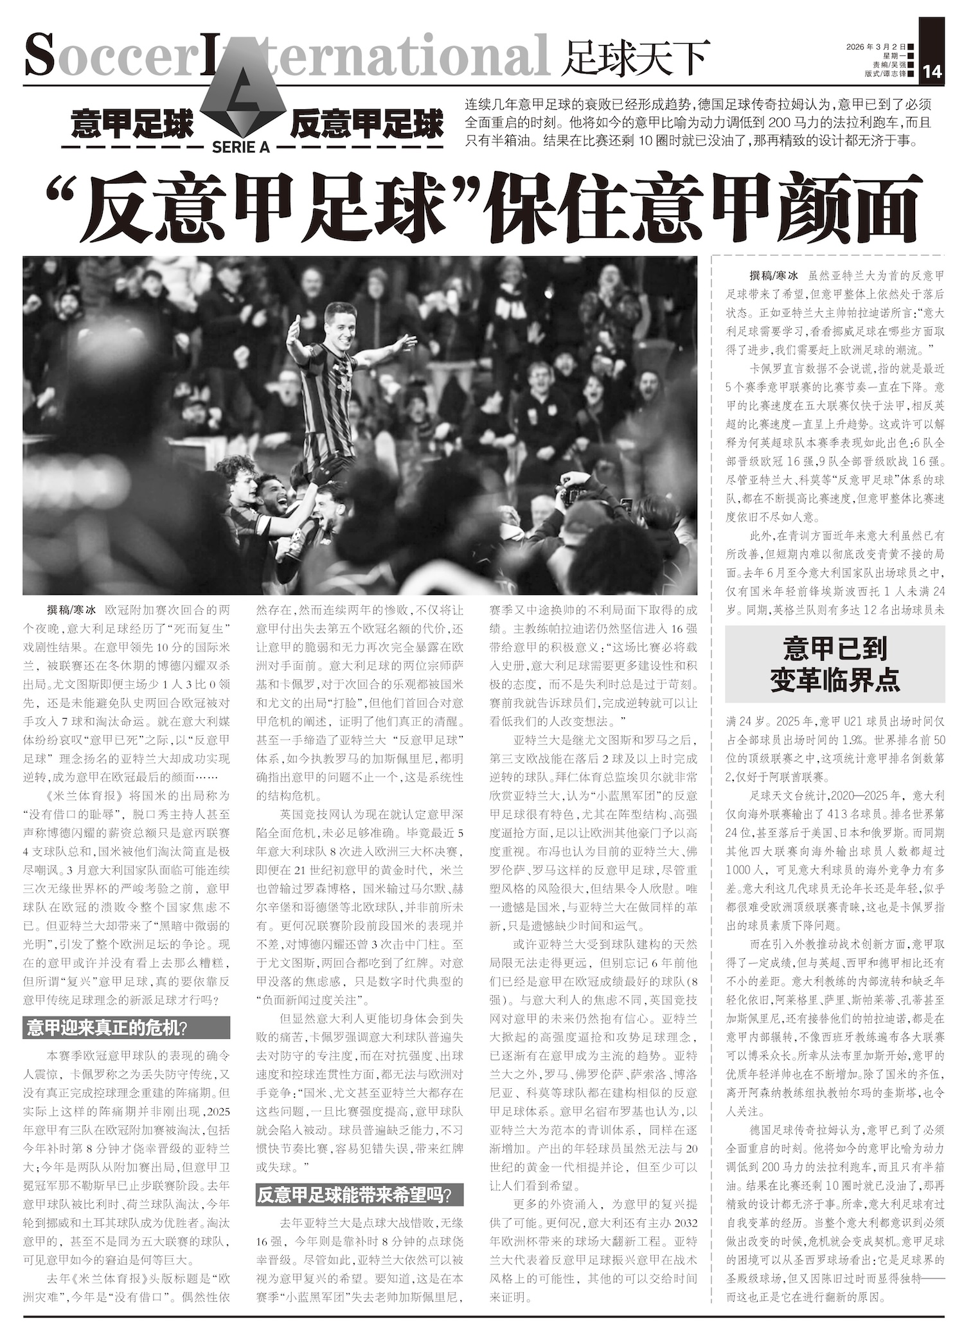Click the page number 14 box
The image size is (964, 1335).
point(932,72)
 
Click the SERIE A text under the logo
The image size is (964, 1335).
point(240,147)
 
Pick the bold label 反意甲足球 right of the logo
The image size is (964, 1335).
point(367,124)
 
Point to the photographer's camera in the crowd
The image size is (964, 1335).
point(571,493)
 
